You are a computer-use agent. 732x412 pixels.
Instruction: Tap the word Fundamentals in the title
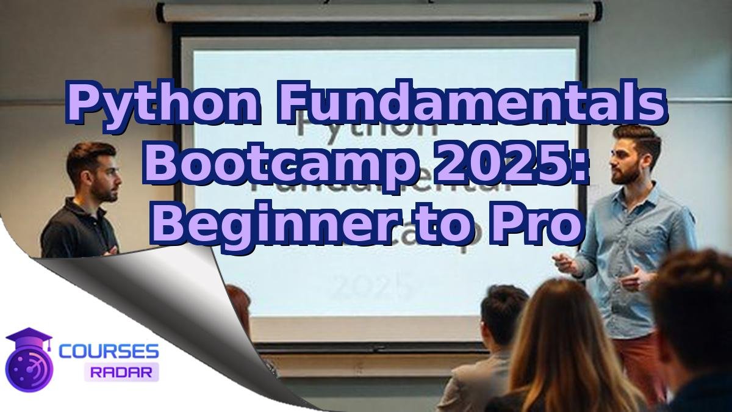(x=470, y=104)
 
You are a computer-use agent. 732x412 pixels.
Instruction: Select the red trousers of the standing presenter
(x=637, y=360)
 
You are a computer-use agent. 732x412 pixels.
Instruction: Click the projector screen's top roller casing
(x=378, y=12)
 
